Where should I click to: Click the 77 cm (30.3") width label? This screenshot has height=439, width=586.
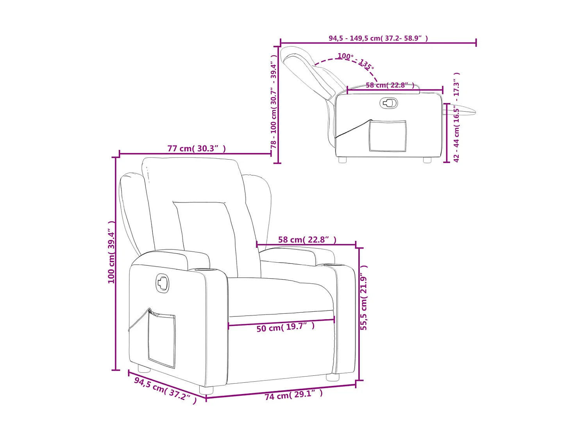tap(197, 149)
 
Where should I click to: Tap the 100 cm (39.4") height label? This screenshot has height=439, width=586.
tap(112, 252)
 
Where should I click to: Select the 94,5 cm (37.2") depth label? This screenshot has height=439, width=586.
tap(165, 390)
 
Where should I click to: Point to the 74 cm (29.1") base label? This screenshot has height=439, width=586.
tap(294, 395)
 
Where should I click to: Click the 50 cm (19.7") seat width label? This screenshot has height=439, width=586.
tap(285, 327)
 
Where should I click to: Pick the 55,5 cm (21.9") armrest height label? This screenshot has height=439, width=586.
tap(364, 298)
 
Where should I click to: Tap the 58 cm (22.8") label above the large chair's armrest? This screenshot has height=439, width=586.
tap(307, 240)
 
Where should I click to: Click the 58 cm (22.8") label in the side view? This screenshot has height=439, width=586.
tap(390, 85)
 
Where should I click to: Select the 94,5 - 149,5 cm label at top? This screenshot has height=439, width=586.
tap(378, 38)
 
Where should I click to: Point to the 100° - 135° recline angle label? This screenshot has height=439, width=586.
tap(356, 61)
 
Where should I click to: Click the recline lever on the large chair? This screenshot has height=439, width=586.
tap(163, 283)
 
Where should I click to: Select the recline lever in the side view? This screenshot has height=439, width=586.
tap(389, 103)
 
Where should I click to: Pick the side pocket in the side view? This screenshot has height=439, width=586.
tap(388, 136)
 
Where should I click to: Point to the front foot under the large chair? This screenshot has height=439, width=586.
tap(206, 390)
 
